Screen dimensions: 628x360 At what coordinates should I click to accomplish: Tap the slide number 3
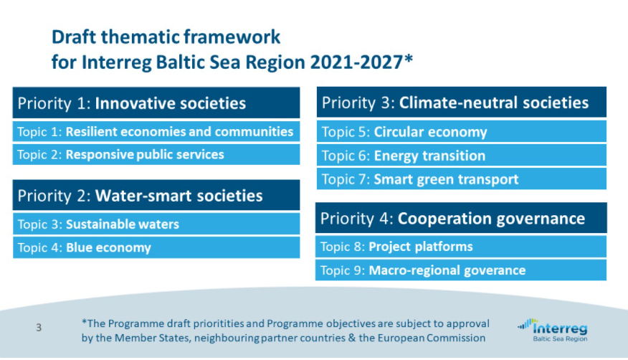pos(39,328)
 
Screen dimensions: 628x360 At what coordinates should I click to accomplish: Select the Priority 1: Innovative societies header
pos(156,103)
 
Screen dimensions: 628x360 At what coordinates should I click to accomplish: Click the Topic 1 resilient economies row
pos(156,131)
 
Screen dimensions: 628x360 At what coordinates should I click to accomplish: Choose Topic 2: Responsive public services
pos(156,155)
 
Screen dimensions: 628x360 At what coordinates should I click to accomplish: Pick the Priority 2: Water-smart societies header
pos(156,195)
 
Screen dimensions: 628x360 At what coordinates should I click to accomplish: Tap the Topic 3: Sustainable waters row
pos(156,224)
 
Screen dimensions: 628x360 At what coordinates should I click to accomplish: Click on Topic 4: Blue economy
pos(156,247)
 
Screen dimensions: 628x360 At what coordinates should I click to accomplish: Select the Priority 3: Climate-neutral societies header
pos(462,102)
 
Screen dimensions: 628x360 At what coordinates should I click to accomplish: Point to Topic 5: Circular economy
pos(462,131)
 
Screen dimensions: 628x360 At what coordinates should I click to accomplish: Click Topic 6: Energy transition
pos(462,156)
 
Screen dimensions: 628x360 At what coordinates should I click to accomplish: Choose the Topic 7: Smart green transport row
pos(462,179)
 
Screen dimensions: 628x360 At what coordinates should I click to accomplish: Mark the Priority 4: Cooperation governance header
pos(461,218)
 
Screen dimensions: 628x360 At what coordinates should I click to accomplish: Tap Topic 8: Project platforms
pos(461,247)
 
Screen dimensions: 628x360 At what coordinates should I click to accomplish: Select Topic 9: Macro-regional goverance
pos(461,270)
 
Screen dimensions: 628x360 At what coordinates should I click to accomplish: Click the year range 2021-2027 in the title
pos(357,62)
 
